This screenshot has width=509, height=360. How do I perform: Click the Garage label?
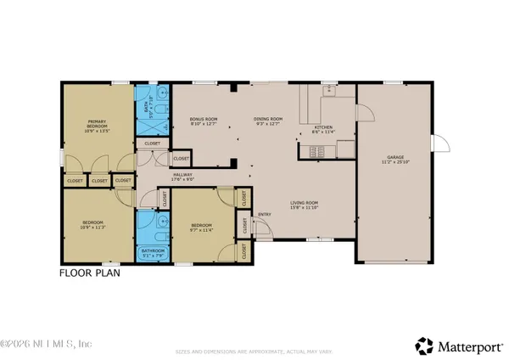coord(395,157)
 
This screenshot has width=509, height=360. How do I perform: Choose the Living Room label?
coord(304,202)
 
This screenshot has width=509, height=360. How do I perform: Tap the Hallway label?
coord(183,176)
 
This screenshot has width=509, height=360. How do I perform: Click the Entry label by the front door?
coord(264,213)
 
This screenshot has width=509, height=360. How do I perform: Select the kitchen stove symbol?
coord(318,151)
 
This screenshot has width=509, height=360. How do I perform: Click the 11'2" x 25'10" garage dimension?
coord(395,162)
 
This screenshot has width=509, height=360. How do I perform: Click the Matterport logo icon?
coord(422,345)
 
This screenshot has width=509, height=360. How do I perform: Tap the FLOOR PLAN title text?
coord(89,273)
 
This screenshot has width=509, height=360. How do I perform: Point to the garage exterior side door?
coord(439,145)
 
